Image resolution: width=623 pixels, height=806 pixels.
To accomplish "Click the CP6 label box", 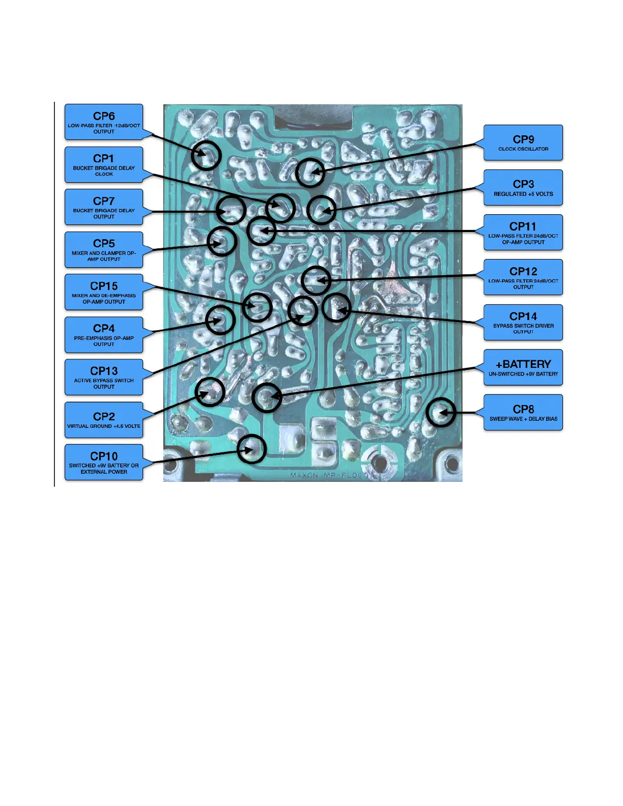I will (x=104, y=122).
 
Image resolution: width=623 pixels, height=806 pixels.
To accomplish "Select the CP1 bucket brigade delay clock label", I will (x=104, y=165).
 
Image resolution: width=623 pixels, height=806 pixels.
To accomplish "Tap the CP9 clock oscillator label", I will (x=523, y=142).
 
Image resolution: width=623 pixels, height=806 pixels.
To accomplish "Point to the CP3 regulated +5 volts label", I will (x=523, y=187).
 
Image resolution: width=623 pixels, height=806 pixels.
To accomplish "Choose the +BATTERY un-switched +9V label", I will (x=523, y=367).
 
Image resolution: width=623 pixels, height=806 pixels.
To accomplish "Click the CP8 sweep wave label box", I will (x=523, y=412).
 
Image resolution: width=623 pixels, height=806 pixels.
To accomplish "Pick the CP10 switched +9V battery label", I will (x=104, y=462).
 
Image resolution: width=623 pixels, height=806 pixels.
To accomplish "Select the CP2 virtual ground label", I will (x=104, y=420).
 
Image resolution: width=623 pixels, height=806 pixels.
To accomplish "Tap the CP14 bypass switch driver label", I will (x=523, y=323).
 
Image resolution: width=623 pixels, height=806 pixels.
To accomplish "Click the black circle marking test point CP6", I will (x=206, y=155).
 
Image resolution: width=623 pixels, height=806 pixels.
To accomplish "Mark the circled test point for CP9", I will (x=310, y=173).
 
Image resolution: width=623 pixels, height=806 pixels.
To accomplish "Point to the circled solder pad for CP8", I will (x=440, y=412).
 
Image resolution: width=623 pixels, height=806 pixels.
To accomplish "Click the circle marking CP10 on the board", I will (x=252, y=449).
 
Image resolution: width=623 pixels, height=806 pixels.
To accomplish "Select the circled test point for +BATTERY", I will (x=267, y=397).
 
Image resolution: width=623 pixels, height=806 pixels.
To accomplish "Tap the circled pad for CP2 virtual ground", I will (x=210, y=392).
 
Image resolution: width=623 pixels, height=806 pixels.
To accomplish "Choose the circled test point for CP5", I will (x=222, y=241).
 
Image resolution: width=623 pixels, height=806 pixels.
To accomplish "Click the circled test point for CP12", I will (x=316, y=280).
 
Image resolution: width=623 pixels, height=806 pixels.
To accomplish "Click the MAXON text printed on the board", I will (x=304, y=475).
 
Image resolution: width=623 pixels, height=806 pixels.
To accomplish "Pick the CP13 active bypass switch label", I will (x=104, y=377).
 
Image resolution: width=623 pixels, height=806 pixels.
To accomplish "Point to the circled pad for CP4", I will (x=220, y=320).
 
